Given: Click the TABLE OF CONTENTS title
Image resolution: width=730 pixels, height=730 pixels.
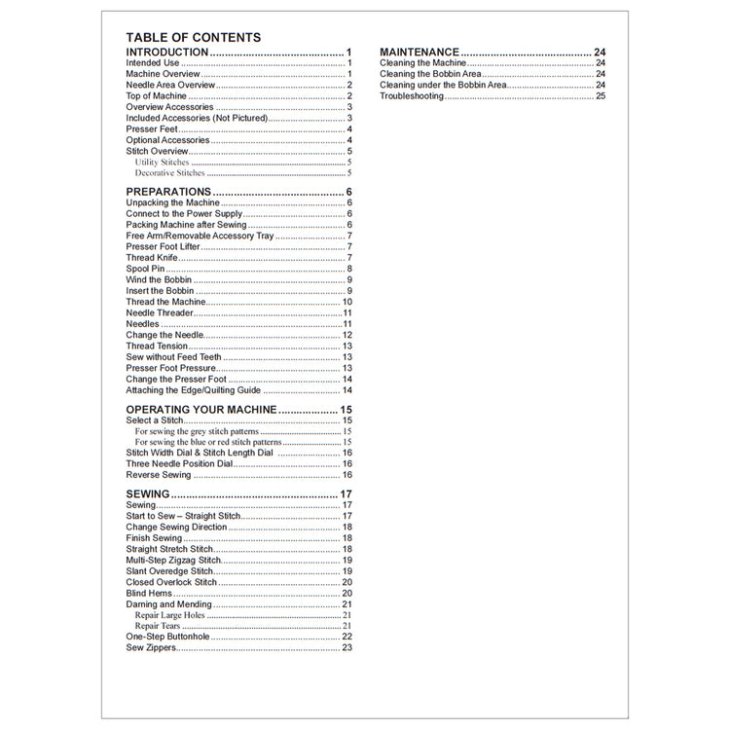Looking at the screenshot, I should (x=186, y=37).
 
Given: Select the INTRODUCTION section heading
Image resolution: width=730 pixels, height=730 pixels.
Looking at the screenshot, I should (x=166, y=52).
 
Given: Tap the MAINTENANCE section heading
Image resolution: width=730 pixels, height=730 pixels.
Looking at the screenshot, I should (x=419, y=52).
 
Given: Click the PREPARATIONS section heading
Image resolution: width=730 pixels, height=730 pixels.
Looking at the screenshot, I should (x=168, y=191).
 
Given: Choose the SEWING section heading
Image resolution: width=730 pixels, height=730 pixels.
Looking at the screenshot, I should (x=147, y=494).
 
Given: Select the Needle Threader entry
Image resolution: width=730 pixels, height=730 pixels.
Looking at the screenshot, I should (x=160, y=313).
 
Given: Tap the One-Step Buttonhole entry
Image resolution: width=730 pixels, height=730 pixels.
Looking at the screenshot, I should (x=167, y=637).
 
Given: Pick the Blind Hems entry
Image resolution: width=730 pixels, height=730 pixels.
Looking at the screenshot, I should (x=149, y=593).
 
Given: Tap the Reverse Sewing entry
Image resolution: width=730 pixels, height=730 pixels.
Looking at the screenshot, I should (x=159, y=475).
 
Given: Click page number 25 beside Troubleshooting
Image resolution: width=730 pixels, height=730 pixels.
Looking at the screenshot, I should (x=600, y=96).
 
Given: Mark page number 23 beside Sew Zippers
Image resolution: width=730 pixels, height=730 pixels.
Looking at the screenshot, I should (x=347, y=647).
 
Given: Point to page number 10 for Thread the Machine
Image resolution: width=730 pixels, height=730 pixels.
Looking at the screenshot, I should (x=347, y=302).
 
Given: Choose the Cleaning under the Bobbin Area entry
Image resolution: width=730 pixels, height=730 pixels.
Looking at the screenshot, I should (x=443, y=85).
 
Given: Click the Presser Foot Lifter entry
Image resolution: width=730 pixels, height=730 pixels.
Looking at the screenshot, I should (x=163, y=246).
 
